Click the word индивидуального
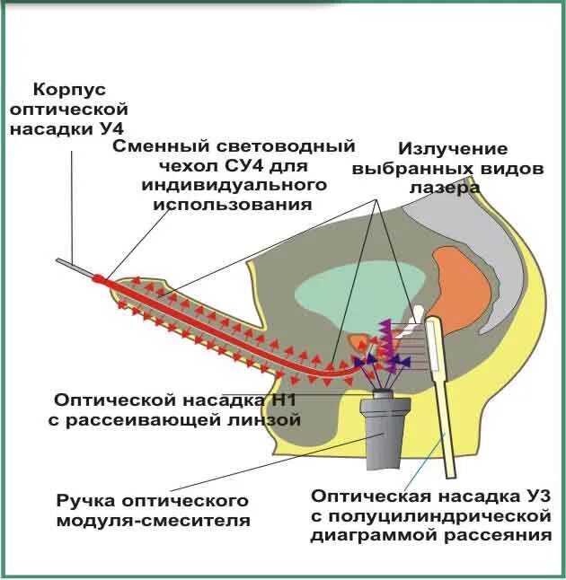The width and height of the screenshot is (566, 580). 233,185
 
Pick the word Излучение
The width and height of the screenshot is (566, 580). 453,149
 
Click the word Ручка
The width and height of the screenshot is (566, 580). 88,501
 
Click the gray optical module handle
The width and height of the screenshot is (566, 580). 384,435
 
